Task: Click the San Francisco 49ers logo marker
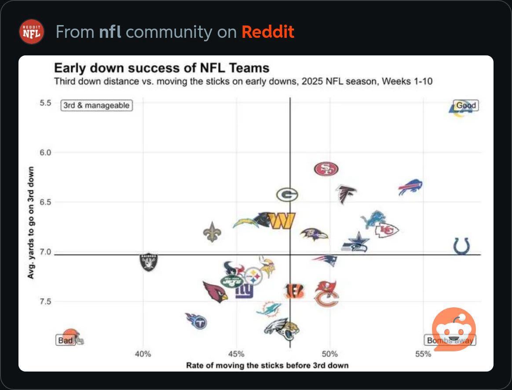coord(326,169)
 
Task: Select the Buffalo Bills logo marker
coord(410,187)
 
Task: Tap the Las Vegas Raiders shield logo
coord(148,262)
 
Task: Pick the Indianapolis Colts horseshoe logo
coord(461,246)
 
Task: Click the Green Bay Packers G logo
coord(287,194)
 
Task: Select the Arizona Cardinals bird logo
coord(215,292)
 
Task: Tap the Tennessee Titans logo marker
coord(197,321)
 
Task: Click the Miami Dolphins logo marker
coord(269,309)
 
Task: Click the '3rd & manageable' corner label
coord(96,105)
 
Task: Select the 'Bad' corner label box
coord(66,340)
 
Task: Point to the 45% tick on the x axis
coord(237,354)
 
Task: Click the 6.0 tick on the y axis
coord(46,153)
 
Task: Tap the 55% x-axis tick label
coord(423,354)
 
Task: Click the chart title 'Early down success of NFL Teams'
coord(161,68)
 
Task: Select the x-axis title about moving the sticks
coord(267,365)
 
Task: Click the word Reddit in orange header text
coord(267,32)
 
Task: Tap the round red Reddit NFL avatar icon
coord(32,32)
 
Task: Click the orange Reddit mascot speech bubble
coord(453,329)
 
